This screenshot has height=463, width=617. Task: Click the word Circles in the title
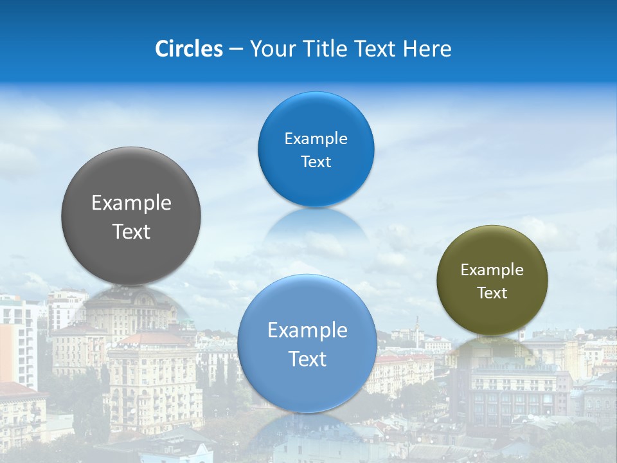pyautogui.click(x=189, y=49)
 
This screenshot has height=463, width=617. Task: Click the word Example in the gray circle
pyautogui.click(x=131, y=203)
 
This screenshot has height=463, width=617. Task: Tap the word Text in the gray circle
pyautogui.click(x=131, y=232)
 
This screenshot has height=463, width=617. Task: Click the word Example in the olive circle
pyautogui.click(x=492, y=270)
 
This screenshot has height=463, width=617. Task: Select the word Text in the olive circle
pyautogui.click(x=492, y=293)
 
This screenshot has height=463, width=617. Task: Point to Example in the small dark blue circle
pyautogui.click(x=316, y=139)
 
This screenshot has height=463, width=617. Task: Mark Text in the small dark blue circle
pyautogui.click(x=316, y=162)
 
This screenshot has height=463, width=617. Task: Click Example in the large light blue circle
pyautogui.click(x=307, y=331)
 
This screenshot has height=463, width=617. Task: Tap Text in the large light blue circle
pyautogui.click(x=307, y=359)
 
